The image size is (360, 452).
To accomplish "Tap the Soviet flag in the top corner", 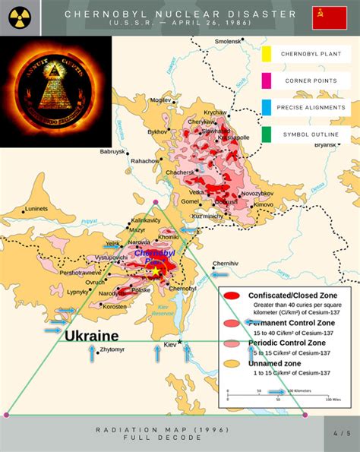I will [x=329, y=17].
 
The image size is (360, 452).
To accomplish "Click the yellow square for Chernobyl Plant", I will [x=266, y=54].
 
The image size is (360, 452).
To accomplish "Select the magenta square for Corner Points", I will [x=266, y=81].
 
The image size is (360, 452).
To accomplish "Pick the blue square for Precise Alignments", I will [x=266, y=107].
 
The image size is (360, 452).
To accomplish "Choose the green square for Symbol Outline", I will [x=266, y=134].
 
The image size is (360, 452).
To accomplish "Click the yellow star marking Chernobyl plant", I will [x=156, y=271].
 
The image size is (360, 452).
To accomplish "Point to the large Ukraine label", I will [x=91, y=335].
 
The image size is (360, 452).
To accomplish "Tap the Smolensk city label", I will [x=227, y=40].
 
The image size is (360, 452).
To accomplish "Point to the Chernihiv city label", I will [x=226, y=263].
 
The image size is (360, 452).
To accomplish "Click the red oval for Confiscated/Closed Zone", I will [x=233, y=295].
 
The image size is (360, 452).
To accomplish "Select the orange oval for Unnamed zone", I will [x=233, y=362].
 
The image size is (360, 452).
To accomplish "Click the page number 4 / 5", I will [x=342, y=433].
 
